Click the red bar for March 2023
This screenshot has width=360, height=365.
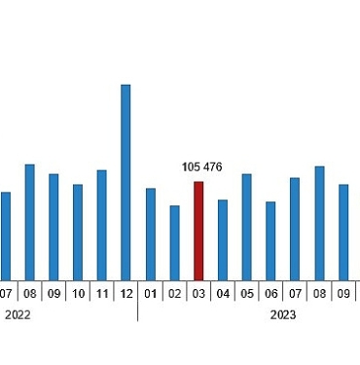[198, 231]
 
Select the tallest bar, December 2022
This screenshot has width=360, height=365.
[126, 182]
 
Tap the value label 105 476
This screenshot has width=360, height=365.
[202, 167]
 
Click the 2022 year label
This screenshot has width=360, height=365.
[18, 314]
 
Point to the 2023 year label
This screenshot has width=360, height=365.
[283, 314]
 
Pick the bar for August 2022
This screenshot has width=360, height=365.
[30, 222]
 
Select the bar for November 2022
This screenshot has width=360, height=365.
[102, 225]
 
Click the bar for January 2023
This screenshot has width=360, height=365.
[151, 234]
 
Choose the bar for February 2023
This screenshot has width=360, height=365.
[175, 242]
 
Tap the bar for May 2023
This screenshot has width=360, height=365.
[247, 227]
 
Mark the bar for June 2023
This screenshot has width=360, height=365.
[270, 240]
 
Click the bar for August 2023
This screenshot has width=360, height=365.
[319, 223]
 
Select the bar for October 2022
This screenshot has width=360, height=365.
[78, 232]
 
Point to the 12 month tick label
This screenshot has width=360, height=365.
[126, 293]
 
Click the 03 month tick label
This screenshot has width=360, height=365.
[198, 293]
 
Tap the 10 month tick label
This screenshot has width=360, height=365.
[78, 293]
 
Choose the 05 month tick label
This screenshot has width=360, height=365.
[247, 293]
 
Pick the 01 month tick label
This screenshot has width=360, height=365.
[151, 293]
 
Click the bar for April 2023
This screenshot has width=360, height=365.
[223, 239]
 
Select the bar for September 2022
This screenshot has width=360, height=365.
[54, 227]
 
